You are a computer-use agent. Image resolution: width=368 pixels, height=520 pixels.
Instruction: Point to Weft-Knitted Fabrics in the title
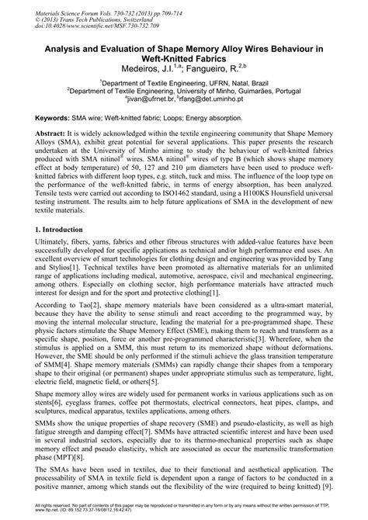pos(184,58)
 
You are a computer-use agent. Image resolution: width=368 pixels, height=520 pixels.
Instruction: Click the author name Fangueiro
pos(210,68)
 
